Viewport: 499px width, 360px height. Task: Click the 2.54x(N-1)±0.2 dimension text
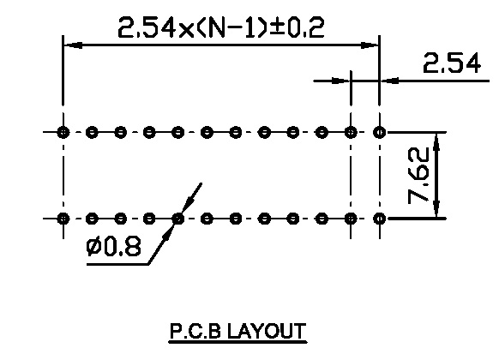tap(221, 27)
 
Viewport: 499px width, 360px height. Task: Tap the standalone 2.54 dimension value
tap(452, 63)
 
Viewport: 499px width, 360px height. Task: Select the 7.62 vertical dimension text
tap(418, 175)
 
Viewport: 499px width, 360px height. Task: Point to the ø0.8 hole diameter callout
tap(113, 247)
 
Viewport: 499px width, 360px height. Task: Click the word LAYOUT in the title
tap(267, 331)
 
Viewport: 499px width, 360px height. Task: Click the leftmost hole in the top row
tap(63, 132)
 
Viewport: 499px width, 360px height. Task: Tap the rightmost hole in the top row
tap(379, 132)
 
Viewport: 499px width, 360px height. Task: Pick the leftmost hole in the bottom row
tap(63, 219)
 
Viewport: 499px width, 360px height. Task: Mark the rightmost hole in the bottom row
tap(379, 219)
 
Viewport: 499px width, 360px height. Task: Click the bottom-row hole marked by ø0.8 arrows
tap(177, 219)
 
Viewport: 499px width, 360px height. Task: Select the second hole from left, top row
tap(92, 132)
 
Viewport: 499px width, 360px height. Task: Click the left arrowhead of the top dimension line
tap(73, 45)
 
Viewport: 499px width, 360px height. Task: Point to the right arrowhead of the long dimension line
tap(370, 45)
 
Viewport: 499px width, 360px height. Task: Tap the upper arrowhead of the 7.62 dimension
tap(436, 141)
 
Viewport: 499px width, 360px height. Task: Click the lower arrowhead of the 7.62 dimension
tap(436, 208)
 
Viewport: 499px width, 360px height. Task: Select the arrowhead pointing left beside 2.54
tap(389, 81)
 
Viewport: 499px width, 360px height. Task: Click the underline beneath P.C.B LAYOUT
tap(237, 342)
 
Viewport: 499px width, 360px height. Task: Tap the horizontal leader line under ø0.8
tap(117, 264)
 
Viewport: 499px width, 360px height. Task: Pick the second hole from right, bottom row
tap(351, 219)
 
